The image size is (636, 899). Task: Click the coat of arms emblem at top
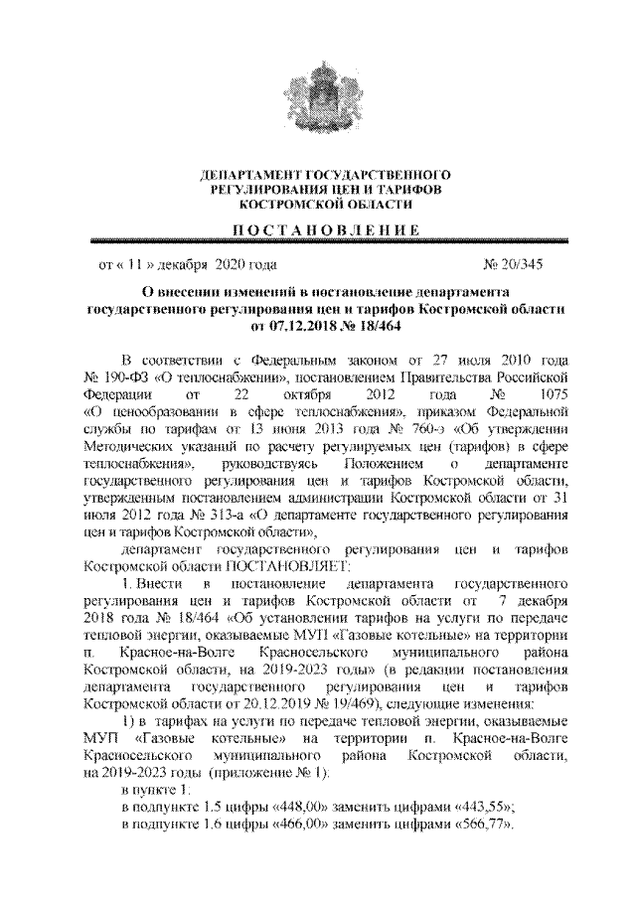[318, 95]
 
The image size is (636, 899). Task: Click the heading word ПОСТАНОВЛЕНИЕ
[319, 230]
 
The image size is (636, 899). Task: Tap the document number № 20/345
[513, 265]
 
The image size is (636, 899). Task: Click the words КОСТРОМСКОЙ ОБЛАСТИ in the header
[318, 203]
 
